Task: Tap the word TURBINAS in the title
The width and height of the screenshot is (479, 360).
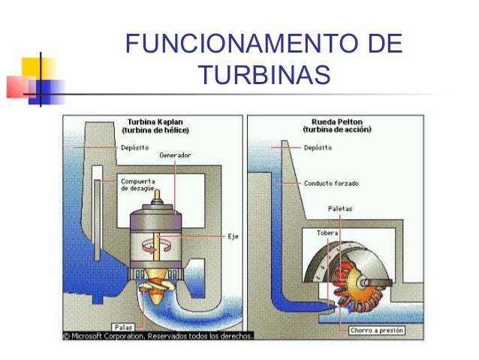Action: (x=264, y=75)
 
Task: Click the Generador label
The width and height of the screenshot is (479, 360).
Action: (x=174, y=155)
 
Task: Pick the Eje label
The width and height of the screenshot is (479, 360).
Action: (x=233, y=236)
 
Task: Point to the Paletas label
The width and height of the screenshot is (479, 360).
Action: (x=341, y=208)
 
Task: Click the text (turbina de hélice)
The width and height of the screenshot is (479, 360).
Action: (x=155, y=130)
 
